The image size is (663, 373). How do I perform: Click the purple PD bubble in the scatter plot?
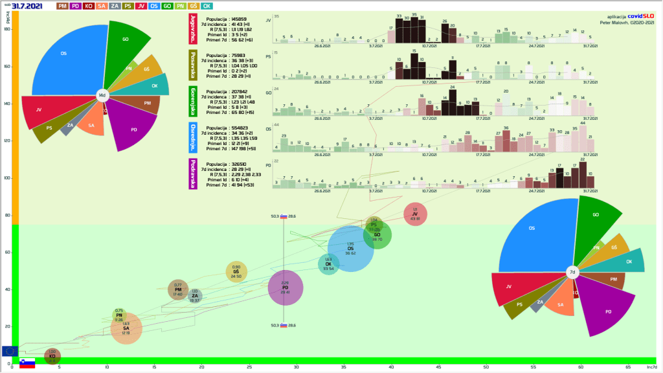(x=286, y=289)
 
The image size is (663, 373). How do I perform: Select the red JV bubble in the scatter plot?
(x=415, y=215)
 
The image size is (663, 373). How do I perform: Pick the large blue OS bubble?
(x=350, y=249)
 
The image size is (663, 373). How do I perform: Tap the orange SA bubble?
(x=126, y=329)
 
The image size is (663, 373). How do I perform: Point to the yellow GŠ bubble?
(x=236, y=272)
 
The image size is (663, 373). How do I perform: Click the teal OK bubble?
(x=328, y=264)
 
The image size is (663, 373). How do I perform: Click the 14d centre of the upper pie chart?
(x=102, y=95)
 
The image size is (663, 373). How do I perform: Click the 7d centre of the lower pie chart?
(x=572, y=273)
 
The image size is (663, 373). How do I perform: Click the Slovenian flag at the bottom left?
(x=27, y=363)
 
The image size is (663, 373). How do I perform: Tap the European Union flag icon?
(x=10, y=351)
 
